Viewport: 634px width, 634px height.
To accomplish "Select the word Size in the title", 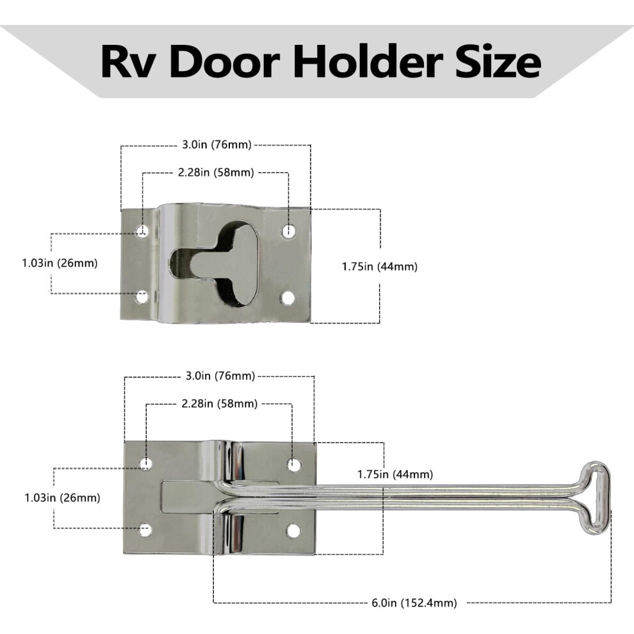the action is [x=498, y=61].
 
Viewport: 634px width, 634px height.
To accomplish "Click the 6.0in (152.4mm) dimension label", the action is [x=414, y=603].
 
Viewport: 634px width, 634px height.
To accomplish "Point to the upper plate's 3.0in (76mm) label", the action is [x=216, y=144].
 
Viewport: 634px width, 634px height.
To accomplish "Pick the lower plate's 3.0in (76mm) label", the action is [x=220, y=376].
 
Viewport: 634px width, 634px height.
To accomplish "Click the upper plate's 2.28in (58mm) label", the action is [x=216, y=172].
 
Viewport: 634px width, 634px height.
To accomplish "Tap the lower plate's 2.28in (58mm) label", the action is [x=220, y=403].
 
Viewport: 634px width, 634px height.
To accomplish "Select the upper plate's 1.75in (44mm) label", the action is [x=380, y=266].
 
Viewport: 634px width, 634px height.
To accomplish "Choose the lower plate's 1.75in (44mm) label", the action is [x=395, y=474].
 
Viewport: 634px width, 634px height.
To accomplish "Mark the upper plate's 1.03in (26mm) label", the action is [x=60, y=263].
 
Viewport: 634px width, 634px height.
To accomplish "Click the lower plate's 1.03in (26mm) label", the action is [x=63, y=498].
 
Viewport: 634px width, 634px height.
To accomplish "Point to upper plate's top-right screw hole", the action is [x=288, y=231].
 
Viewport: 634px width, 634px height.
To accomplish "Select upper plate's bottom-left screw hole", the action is [x=142, y=298].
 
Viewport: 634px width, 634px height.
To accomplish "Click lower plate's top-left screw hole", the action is [x=146, y=464].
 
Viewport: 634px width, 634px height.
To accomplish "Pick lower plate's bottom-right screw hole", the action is [x=293, y=530].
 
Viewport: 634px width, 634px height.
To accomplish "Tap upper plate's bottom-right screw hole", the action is [x=288, y=298].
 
